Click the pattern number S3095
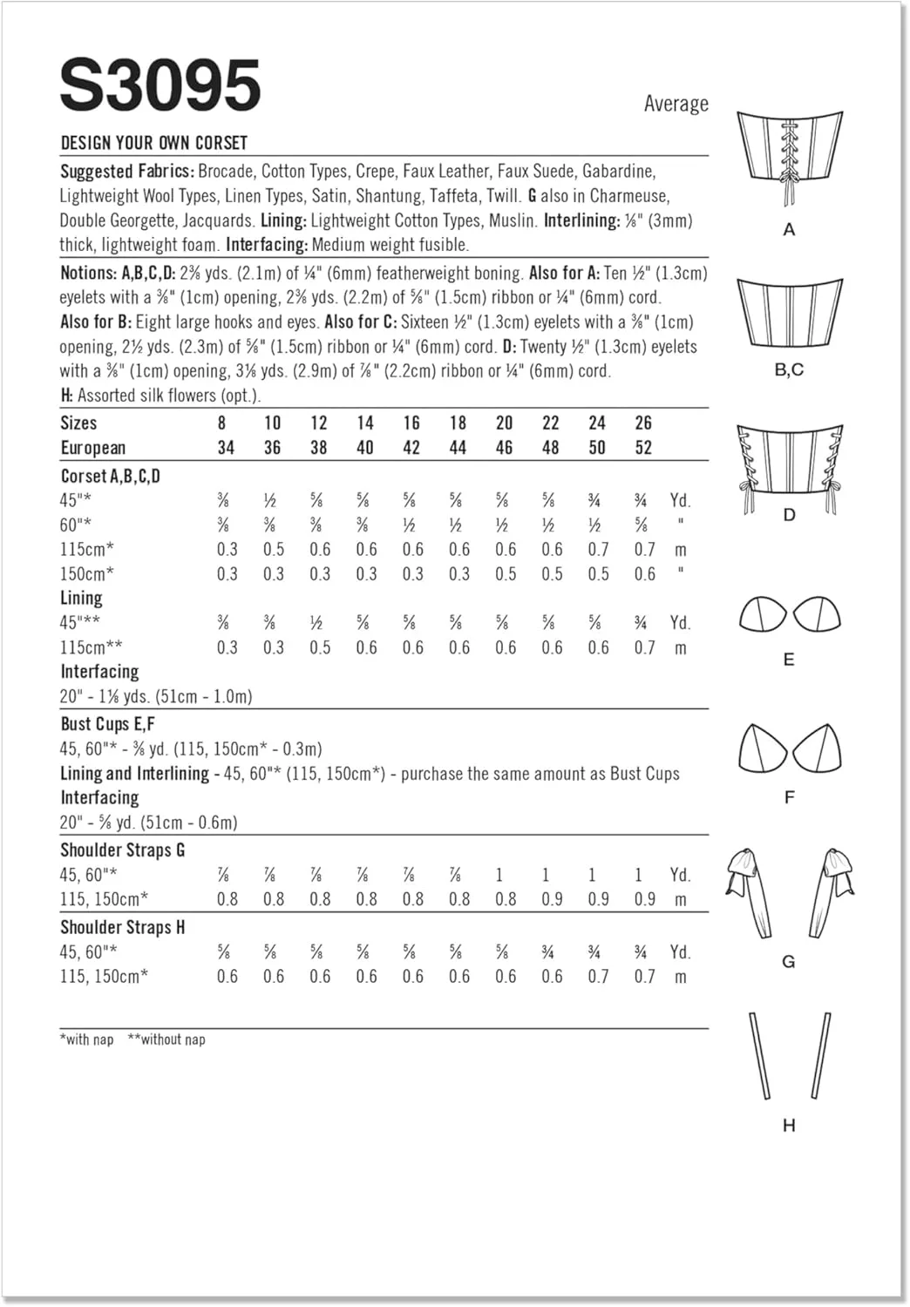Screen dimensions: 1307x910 [160, 85]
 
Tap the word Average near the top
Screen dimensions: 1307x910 [676, 104]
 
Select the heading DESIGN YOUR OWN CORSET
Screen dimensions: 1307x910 [153, 143]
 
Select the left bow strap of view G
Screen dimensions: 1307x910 [750, 893]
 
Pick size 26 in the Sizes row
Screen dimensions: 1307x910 [643, 423]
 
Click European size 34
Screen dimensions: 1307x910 [226, 448]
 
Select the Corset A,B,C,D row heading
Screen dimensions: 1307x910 [111, 476]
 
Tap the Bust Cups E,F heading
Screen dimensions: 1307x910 [107, 724]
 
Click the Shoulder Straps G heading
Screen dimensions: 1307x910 [122, 850]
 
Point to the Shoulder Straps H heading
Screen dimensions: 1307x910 [122, 927]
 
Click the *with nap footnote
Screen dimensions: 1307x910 [87, 1040]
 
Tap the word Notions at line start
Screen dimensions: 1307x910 [88, 273]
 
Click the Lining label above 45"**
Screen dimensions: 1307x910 [81, 598]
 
